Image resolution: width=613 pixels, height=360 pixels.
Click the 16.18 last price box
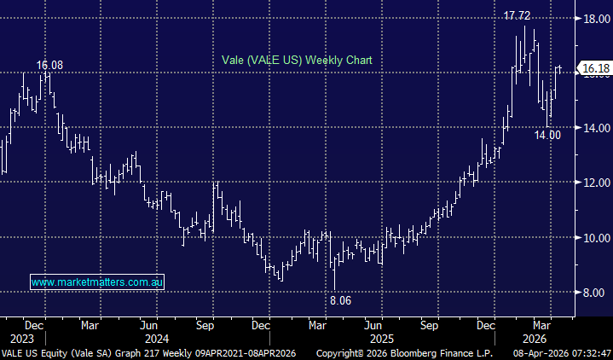point(593,67)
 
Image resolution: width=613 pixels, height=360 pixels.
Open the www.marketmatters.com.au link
point(97,281)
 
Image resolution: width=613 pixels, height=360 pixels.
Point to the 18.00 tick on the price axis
point(593,18)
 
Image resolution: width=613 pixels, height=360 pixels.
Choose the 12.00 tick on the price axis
point(593,183)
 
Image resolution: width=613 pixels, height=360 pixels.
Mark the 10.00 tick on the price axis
point(593,237)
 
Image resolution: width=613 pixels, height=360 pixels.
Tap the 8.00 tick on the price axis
point(593,293)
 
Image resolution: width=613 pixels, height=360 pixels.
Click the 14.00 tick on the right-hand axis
point(593,128)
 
